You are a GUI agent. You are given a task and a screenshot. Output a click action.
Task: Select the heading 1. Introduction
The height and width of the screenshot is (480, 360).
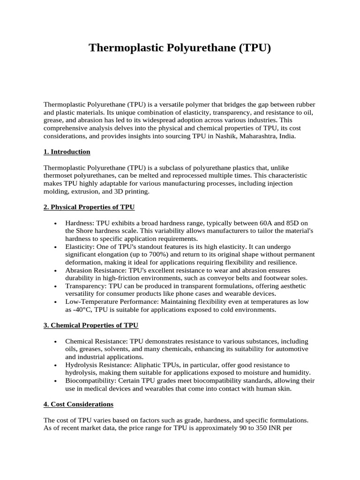67,152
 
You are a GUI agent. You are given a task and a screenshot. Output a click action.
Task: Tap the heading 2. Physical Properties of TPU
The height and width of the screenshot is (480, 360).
89,207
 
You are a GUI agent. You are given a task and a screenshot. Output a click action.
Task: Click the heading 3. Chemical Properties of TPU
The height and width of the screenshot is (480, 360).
90,325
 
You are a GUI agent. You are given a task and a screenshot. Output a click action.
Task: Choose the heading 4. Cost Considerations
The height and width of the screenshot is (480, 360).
78,404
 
